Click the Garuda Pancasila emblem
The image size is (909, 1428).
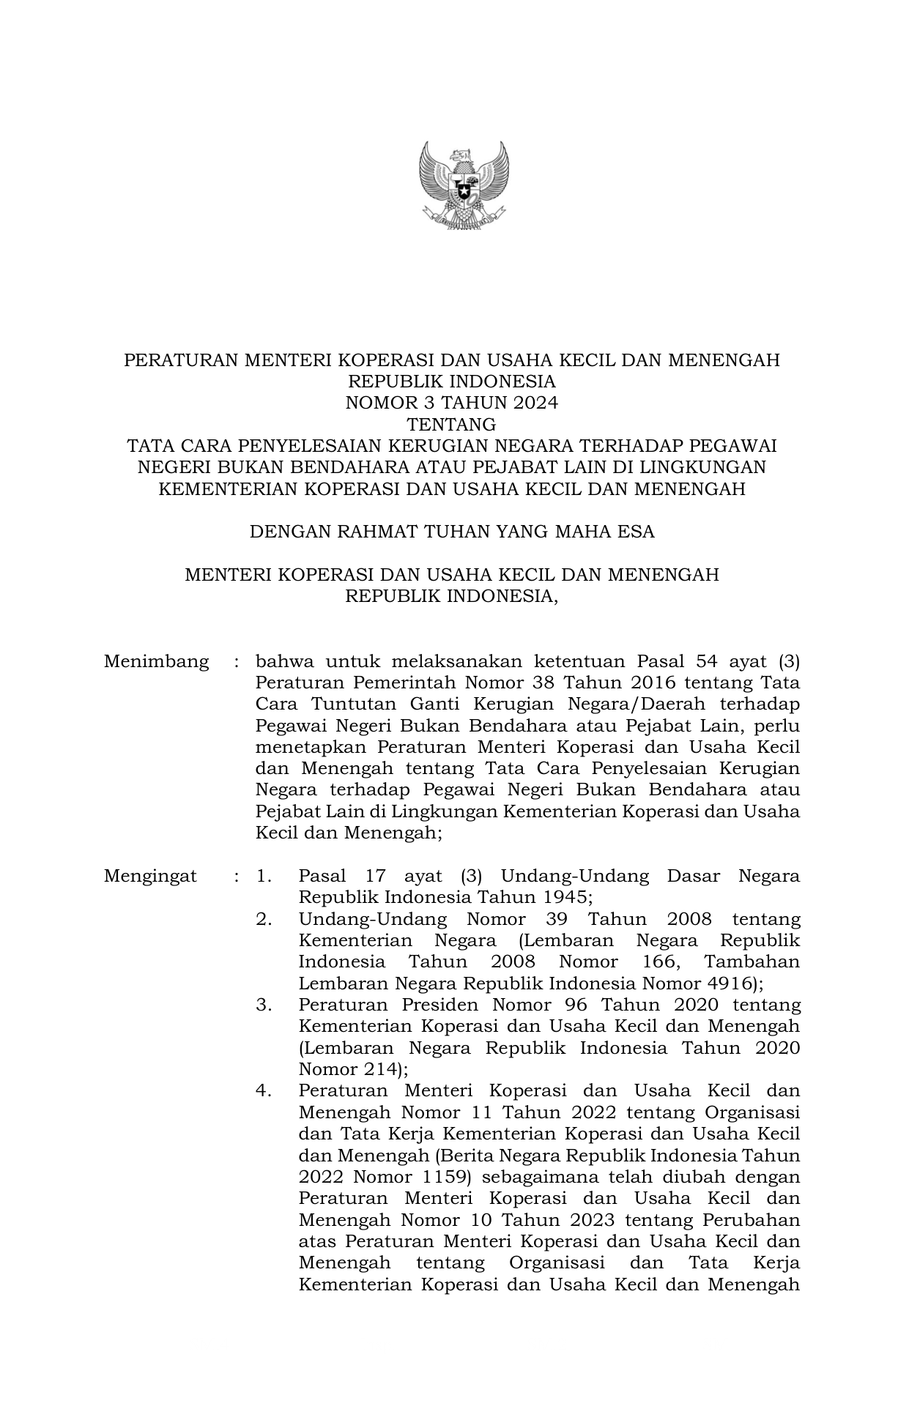pos(464,186)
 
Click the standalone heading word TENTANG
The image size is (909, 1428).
pos(452,424)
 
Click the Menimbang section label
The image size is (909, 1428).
pos(156,662)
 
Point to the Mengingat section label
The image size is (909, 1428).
pos(150,877)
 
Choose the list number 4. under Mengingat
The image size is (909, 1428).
pos(264,1091)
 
